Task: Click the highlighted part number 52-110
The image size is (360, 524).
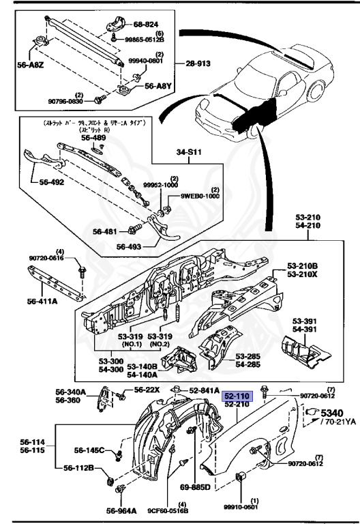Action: click(239, 394)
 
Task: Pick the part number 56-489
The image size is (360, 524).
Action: click(93, 137)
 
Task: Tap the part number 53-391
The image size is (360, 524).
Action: click(306, 321)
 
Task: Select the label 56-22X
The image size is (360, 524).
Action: click(147, 390)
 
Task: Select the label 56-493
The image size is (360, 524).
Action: click(130, 247)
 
